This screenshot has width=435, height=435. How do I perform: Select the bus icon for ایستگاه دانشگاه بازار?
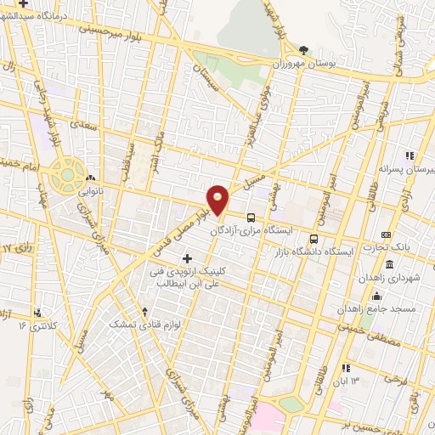point(314,215)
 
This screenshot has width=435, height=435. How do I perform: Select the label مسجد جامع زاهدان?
point(393,308)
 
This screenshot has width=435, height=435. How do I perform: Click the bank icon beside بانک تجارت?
point(386,234)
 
